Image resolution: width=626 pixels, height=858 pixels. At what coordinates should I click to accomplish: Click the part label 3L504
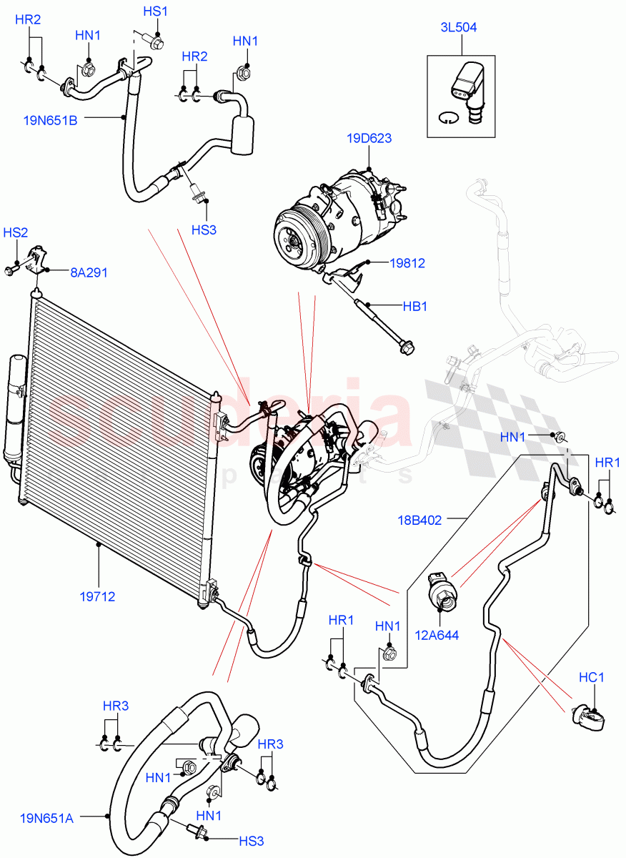[459, 28]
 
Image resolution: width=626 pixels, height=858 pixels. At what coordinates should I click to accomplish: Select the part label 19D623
[369, 138]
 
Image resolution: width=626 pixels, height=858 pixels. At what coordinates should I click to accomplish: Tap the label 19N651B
[50, 121]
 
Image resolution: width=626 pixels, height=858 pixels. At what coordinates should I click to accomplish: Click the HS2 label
[16, 233]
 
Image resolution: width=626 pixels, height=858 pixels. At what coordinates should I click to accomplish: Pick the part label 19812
[407, 263]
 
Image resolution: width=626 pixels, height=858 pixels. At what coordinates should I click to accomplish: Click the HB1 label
[414, 306]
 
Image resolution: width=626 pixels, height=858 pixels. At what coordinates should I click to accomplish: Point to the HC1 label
[592, 677]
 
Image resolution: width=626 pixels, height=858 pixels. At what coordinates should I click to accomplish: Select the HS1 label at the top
[155, 11]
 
